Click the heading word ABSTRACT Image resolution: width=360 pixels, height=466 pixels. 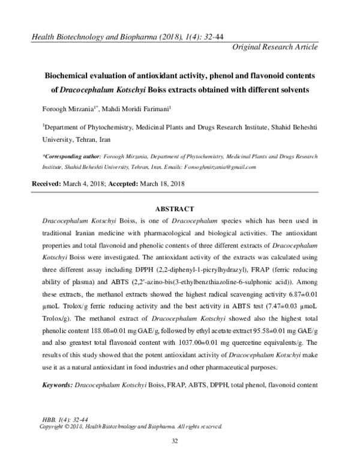click(x=174, y=209)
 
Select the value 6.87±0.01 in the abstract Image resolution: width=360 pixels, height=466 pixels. click(x=307, y=303)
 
